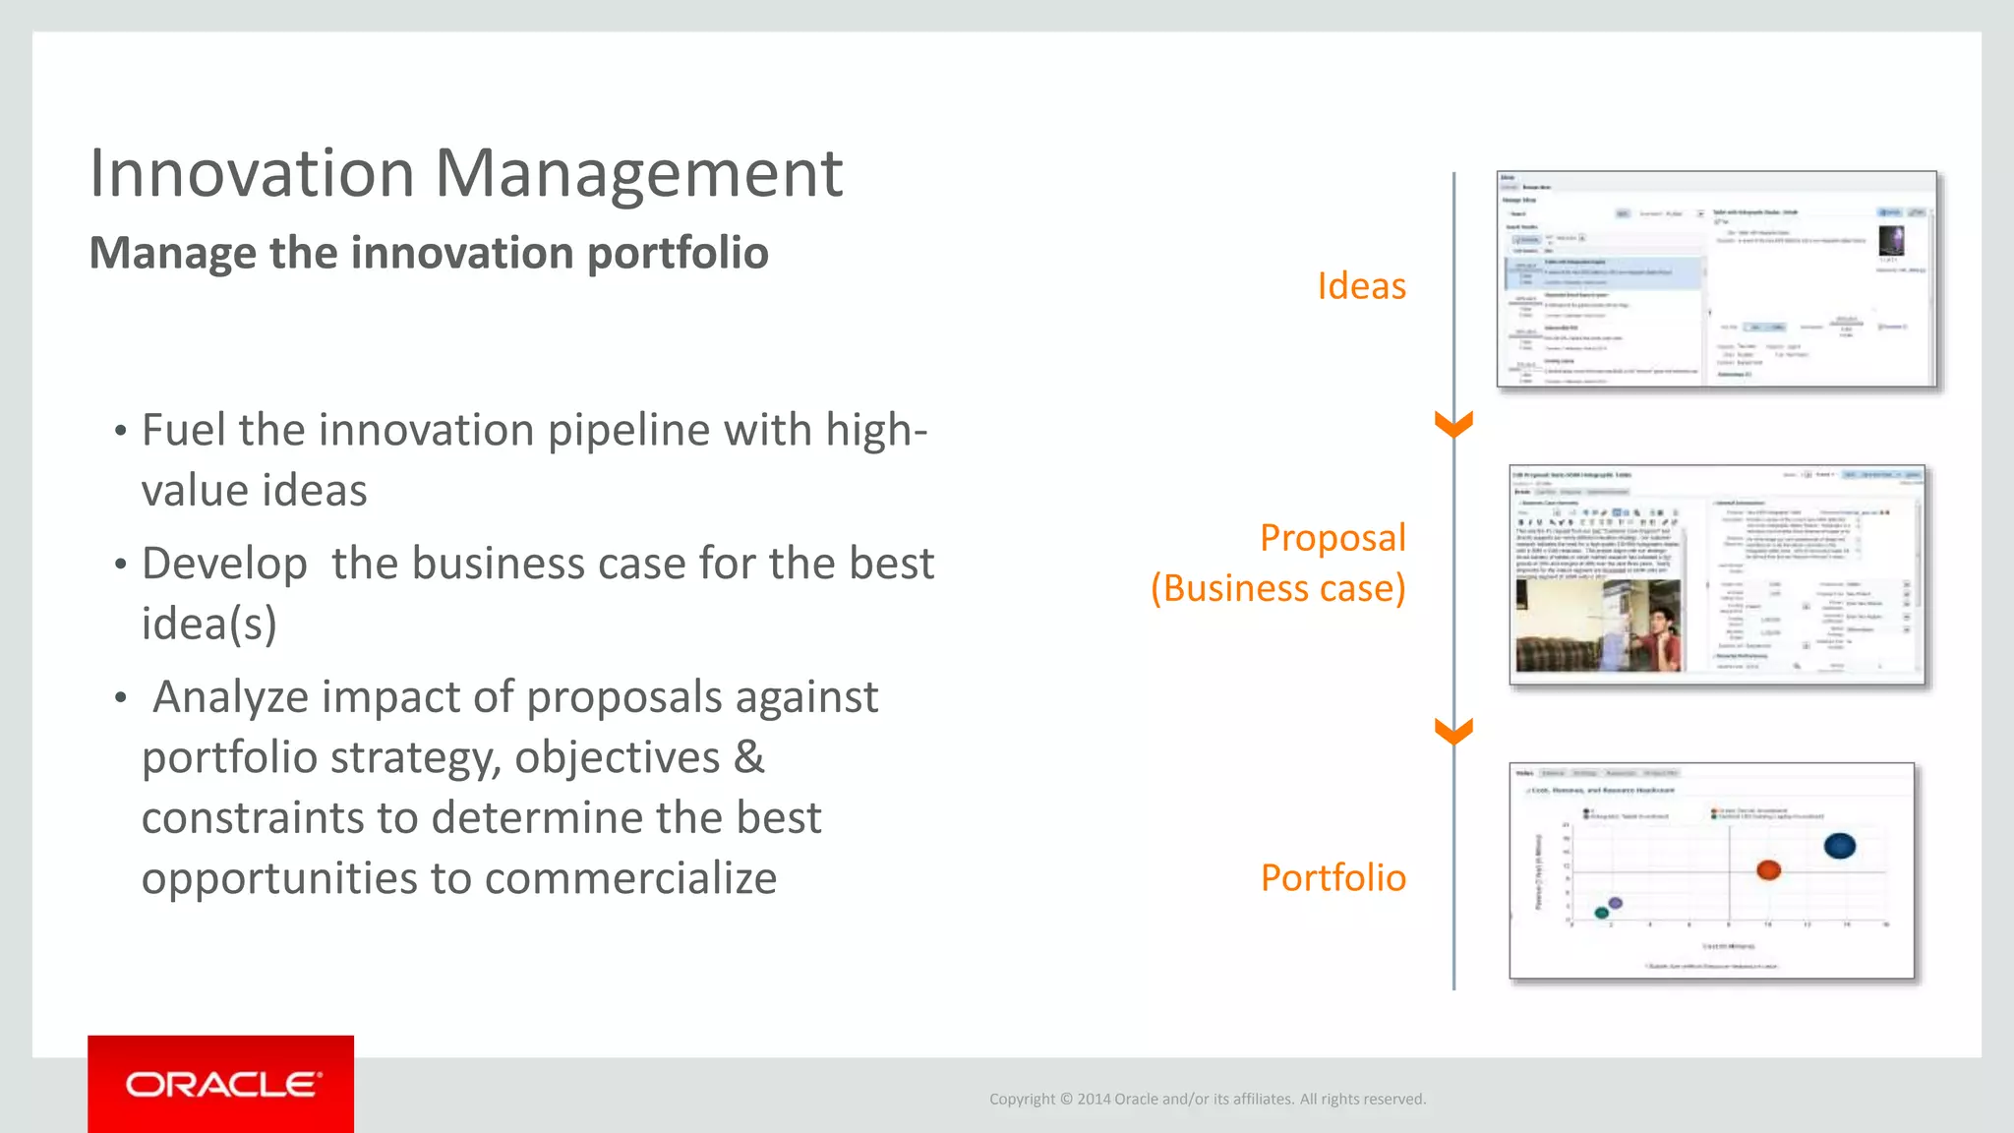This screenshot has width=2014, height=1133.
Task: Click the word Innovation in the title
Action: point(252,174)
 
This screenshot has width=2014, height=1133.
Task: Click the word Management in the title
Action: point(638,174)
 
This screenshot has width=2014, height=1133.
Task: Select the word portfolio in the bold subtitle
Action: point(678,253)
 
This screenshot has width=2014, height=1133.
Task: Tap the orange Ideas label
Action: point(1361,286)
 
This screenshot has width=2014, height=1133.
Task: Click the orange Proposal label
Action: point(1333,538)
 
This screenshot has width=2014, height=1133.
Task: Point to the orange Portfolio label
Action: point(1333,877)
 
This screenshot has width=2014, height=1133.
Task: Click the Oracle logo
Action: point(222,1084)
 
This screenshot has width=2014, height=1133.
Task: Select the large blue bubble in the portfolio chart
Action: point(1839,846)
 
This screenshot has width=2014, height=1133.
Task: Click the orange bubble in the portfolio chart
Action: point(1768,869)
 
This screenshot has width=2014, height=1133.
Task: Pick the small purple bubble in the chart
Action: point(1615,903)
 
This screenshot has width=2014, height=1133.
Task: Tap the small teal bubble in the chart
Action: point(1602,913)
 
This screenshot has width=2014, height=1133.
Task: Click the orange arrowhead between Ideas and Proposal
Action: point(1453,425)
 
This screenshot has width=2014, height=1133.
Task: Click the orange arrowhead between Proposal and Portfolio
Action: point(1453,732)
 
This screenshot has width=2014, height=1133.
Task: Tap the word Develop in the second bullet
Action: point(224,565)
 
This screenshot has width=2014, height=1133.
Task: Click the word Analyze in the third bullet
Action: point(231,697)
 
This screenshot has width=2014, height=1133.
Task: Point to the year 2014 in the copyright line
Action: point(1094,1099)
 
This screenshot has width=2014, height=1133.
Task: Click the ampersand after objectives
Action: point(748,757)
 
